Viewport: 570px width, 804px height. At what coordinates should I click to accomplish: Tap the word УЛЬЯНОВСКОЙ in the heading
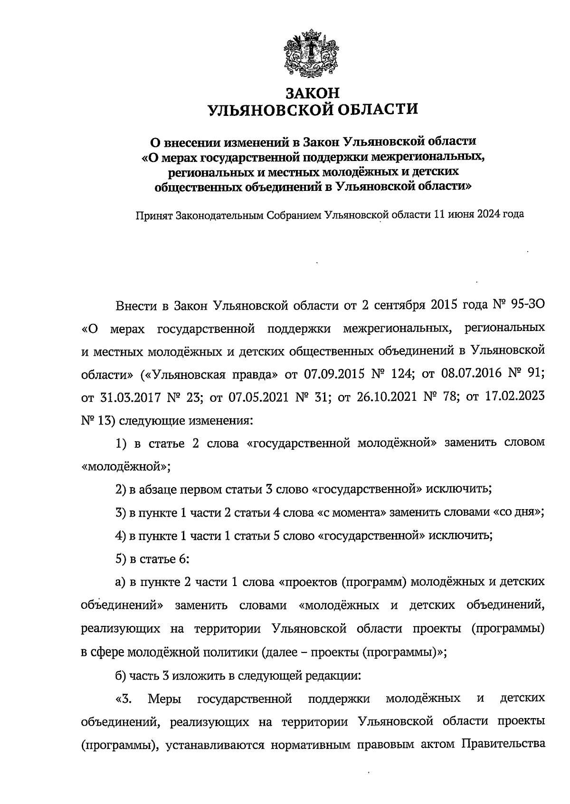(x=265, y=110)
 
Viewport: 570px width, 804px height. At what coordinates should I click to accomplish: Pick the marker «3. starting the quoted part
(x=124, y=699)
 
